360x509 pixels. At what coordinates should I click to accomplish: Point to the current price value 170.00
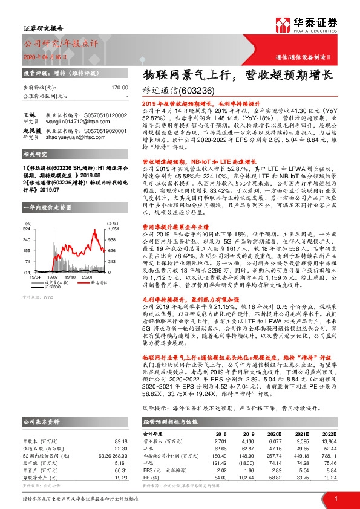click(x=119, y=88)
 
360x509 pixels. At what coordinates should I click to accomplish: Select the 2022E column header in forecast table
click(x=328, y=433)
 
